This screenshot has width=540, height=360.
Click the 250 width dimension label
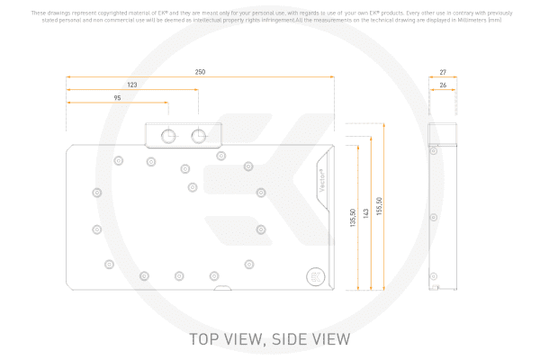pyautogui.click(x=200, y=72)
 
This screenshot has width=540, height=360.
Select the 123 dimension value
pyautogui.click(x=132, y=85)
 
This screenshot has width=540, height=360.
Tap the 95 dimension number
pyautogui.click(x=117, y=97)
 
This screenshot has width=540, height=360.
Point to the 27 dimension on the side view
pyautogui.click(x=443, y=72)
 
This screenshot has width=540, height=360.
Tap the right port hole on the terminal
pyautogui.click(x=199, y=136)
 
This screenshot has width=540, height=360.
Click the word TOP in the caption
pyautogui.click(x=205, y=340)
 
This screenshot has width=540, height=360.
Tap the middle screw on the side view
pyautogui.click(x=435, y=217)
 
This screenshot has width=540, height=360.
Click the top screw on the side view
pyautogui.click(x=435, y=153)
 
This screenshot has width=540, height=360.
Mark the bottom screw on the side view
pyautogui.click(x=435, y=274)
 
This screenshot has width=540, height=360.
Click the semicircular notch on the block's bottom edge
pyautogui.click(x=221, y=289)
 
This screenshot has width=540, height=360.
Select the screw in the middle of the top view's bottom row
pyautogui.click(x=178, y=274)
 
